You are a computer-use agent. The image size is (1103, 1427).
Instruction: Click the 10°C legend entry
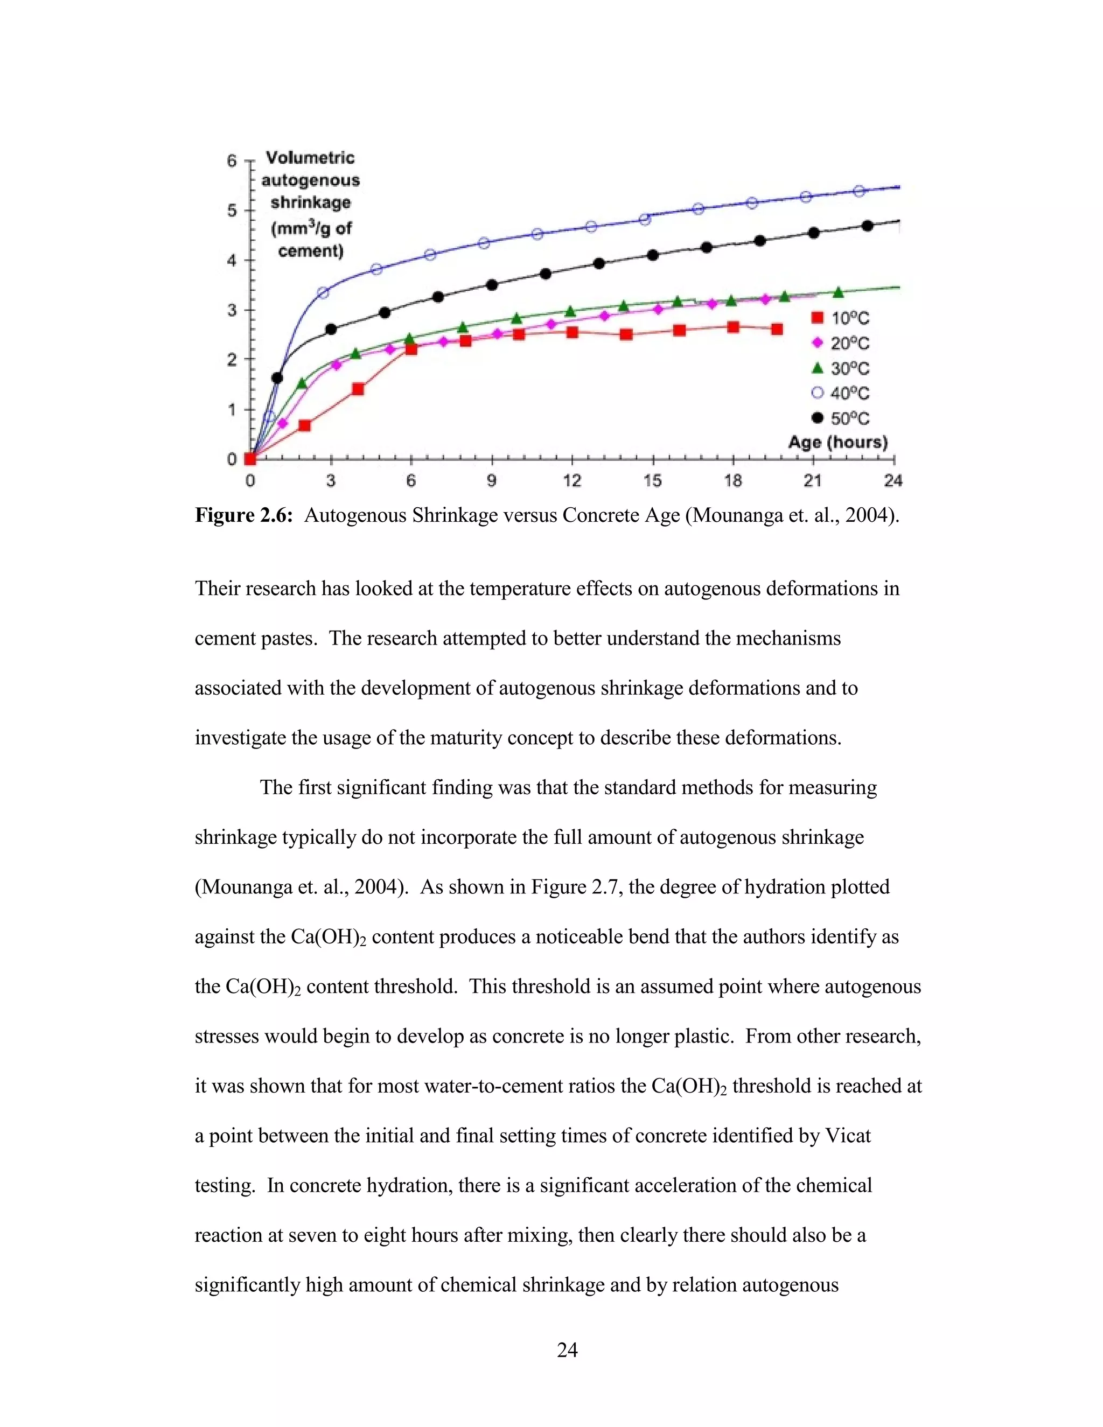tap(840, 318)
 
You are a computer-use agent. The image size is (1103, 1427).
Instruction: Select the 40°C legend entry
tap(840, 393)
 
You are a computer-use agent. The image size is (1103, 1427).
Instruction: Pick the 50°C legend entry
tap(840, 418)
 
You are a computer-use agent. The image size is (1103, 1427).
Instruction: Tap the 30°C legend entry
tap(840, 368)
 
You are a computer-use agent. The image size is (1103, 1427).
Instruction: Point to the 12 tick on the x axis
tap(572, 481)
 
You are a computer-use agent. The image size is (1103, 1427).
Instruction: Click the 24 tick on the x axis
tap(892, 481)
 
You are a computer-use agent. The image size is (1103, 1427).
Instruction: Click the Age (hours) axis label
tap(837, 442)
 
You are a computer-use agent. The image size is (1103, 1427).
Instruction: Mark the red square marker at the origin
tap(249, 459)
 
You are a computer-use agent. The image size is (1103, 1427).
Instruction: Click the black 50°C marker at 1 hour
tap(277, 377)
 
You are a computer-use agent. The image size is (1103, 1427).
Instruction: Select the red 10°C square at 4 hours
tap(358, 389)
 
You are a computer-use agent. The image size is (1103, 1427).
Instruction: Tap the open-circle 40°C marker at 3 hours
tap(323, 293)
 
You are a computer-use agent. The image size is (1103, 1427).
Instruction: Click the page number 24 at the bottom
tap(567, 1349)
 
